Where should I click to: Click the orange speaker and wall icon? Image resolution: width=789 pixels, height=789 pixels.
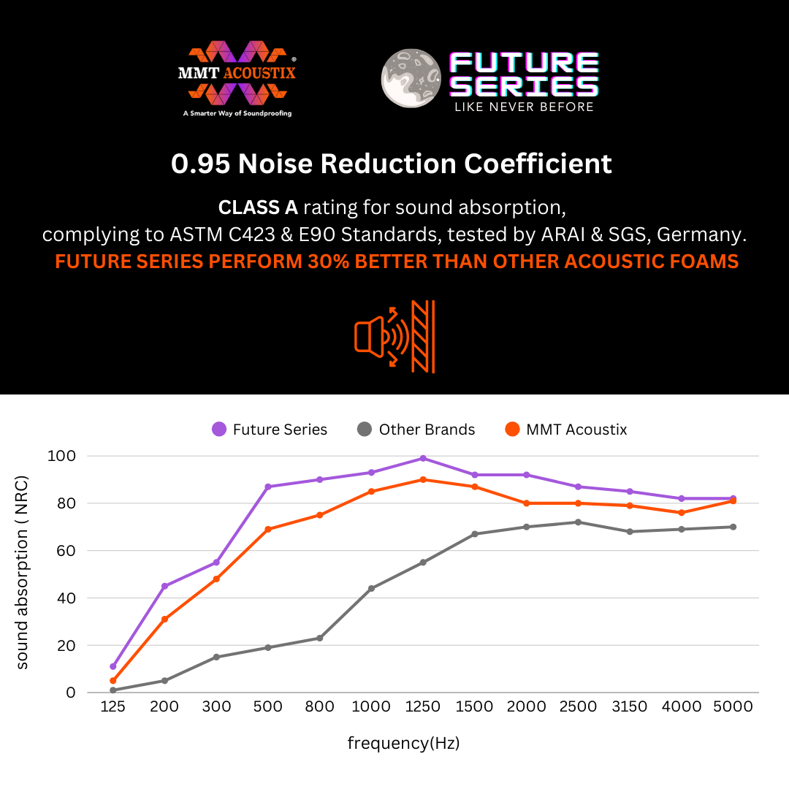(394, 336)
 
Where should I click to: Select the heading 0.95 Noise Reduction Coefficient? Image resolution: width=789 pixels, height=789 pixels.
(392, 164)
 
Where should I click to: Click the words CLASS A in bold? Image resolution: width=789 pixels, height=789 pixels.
(258, 207)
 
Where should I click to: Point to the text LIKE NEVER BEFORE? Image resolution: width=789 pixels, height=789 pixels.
(524, 107)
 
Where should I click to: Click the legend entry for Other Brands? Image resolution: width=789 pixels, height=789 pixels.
(416, 430)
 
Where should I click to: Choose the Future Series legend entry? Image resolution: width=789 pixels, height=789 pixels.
(270, 430)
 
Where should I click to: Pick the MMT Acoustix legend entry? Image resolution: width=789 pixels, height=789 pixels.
(565, 430)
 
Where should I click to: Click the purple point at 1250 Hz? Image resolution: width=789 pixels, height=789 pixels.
(423, 458)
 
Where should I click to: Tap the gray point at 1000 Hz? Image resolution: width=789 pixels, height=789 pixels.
(371, 588)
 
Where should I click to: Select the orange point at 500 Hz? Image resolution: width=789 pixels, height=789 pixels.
(268, 529)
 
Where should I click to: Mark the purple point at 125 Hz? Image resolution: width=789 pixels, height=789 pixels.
(113, 666)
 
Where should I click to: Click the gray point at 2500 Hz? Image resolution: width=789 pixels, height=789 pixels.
(578, 522)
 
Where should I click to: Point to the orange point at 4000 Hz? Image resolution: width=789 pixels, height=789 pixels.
(682, 513)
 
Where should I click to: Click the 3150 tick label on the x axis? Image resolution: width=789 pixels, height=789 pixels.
(629, 706)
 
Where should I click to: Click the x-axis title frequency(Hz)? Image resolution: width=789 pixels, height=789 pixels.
(403, 744)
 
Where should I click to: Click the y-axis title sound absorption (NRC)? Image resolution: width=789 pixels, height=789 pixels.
(23, 574)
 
